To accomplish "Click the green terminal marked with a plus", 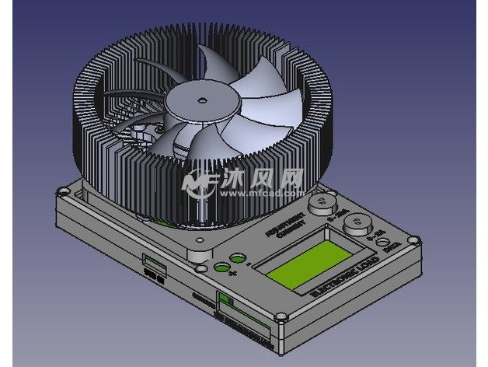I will [221, 268].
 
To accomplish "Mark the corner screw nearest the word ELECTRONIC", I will [282, 317].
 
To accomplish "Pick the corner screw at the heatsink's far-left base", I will [62, 189].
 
